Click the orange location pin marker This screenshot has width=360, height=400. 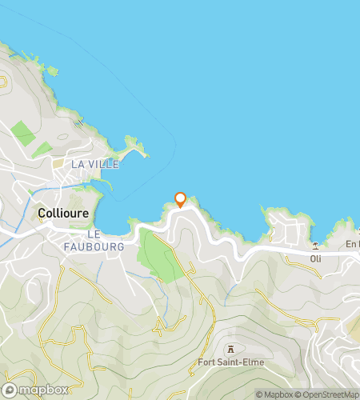(180, 199)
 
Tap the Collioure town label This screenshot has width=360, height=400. (63, 214)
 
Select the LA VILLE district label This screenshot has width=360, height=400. (95, 164)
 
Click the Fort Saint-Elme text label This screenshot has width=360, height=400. (230, 362)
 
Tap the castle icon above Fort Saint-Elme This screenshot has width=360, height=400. (230, 349)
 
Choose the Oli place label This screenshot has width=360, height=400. (316, 258)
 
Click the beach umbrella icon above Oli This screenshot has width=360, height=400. (316, 246)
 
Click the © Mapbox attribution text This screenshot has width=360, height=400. (275, 394)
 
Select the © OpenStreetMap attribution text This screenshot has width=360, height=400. (328, 394)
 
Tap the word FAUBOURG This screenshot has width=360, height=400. (104, 247)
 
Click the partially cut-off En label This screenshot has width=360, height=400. (353, 244)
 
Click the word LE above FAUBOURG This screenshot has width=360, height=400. (94, 234)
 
